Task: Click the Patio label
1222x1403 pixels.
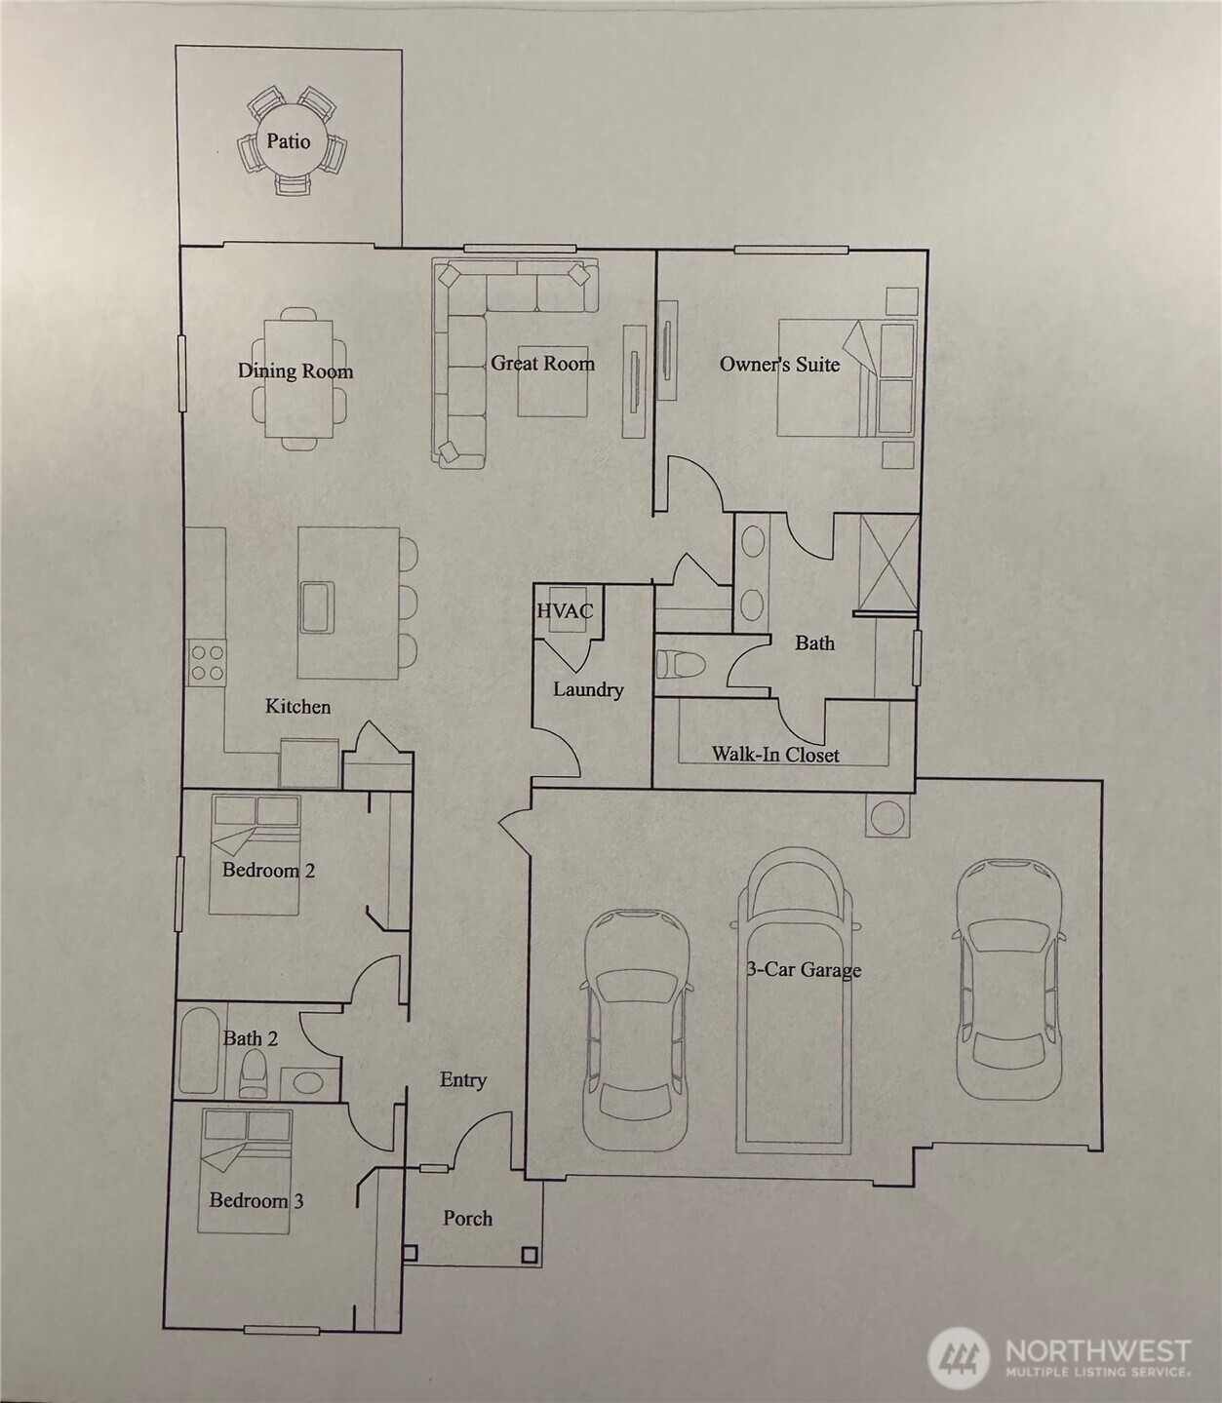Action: (288, 141)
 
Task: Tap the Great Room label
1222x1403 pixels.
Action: (542, 363)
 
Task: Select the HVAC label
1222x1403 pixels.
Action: (565, 610)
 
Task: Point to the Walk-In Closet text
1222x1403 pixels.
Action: (775, 755)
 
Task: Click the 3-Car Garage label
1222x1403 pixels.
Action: (804, 969)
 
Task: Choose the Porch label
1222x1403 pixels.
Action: (468, 1218)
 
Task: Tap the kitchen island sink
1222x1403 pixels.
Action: (316, 606)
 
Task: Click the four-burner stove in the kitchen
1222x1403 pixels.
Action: (207, 662)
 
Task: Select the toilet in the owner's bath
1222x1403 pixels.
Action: (681, 664)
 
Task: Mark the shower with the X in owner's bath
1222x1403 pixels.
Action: (888, 563)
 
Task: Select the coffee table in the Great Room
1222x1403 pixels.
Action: (553, 380)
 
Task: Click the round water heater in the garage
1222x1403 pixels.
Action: (887, 817)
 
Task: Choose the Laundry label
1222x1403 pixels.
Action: (588, 689)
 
